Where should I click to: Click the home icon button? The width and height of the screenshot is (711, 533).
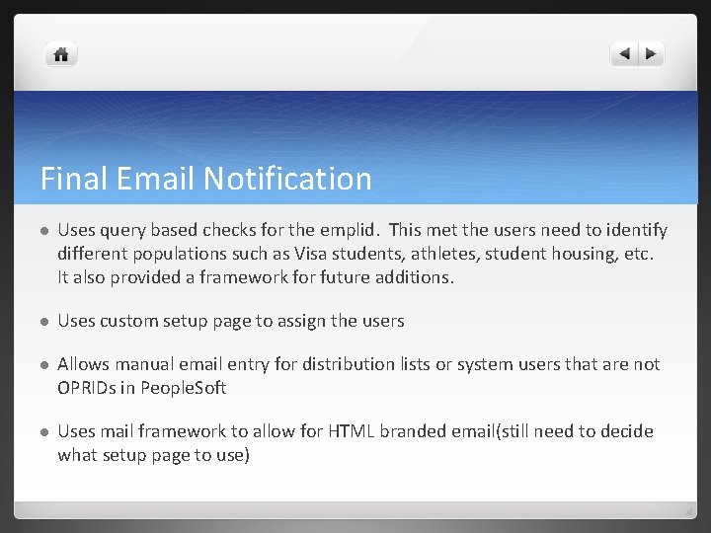click(x=61, y=54)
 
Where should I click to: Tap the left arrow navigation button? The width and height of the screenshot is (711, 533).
click(x=624, y=54)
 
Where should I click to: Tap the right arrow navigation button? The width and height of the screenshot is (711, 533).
click(x=651, y=54)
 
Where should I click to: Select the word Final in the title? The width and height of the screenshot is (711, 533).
click(x=73, y=179)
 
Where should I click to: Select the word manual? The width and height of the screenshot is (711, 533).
click(x=145, y=364)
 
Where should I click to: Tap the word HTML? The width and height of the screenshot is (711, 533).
click(x=353, y=431)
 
